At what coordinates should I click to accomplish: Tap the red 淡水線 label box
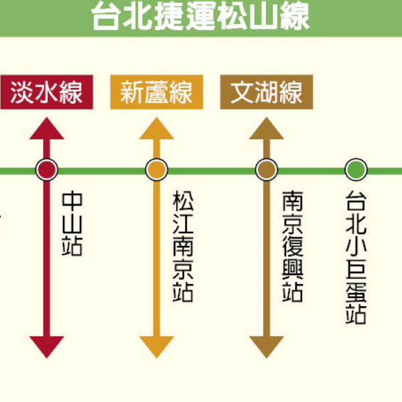coord(46,92)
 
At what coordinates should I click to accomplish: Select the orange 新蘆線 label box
coord(156,92)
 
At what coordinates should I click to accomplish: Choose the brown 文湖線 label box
coord(266,92)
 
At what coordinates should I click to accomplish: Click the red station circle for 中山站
coord(46,170)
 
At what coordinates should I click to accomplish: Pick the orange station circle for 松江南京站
coord(156,170)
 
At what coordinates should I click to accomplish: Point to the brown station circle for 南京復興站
coord(266,170)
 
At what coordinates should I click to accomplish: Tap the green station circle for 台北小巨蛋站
coord(356,170)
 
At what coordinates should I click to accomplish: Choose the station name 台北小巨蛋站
coord(356,259)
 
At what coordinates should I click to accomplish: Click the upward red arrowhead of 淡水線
coord(46,129)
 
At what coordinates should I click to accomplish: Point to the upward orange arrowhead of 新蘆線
coord(156,129)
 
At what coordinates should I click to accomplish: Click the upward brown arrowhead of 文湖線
coord(266,129)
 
